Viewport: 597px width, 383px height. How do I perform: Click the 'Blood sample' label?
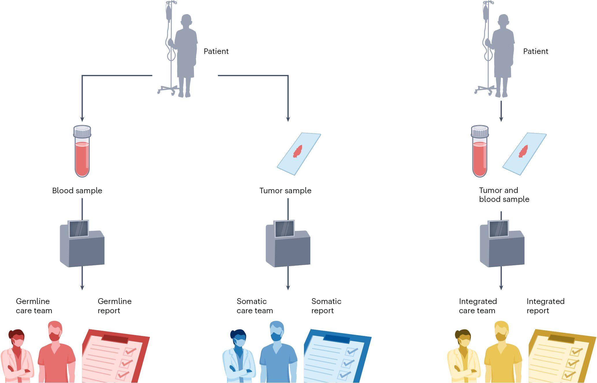(x=77, y=191)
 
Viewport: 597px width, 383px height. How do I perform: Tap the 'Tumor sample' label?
(x=285, y=191)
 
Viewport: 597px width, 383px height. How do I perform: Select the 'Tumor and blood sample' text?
(x=504, y=195)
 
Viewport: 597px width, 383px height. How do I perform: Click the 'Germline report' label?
(x=115, y=306)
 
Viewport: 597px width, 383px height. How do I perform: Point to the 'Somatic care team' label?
(x=255, y=306)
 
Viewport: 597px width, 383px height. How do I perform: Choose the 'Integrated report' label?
(x=545, y=306)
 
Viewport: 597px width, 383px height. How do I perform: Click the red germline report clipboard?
(x=115, y=356)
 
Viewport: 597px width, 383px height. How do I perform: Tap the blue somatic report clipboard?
(x=337, y=356)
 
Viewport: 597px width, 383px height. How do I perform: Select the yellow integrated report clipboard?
(x=562, y=356)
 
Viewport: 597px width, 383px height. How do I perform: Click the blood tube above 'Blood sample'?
(x=82, y=153)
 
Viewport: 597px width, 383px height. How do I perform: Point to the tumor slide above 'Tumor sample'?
(x=299, y=154)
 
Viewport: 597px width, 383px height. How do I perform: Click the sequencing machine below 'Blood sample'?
(x=82, y=245)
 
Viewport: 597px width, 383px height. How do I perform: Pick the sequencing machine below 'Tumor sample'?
(x=288, y=245)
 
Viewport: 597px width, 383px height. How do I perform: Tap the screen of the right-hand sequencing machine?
(x=499, y=229)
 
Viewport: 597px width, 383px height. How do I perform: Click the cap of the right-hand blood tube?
(x=480, y=131)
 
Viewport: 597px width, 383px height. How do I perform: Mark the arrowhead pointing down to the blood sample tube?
(x=82, y=119)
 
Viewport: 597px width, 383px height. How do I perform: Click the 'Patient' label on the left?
(x=216, y=51)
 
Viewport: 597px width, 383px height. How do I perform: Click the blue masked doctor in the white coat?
(x=239, y=358)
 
